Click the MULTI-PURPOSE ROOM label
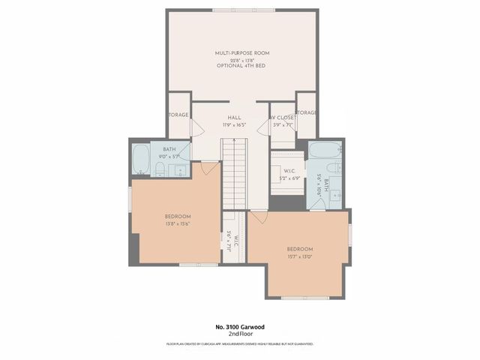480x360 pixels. tap(241, 53)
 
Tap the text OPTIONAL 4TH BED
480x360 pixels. tap(241, 66)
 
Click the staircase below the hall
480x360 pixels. tap(234, 172)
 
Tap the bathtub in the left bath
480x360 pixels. tap(141, 158)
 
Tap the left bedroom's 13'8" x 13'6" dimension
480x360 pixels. tap(178, 223)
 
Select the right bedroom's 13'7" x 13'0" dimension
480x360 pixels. tap(299, 257)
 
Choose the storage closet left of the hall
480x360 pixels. tap(178, 115)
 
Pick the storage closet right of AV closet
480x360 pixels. tap(306, 113)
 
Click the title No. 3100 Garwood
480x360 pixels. tap(240, 327)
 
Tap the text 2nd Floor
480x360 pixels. tap(240, 334)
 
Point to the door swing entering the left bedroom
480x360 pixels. tap(210, 168)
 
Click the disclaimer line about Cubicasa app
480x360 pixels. tap(240, 344)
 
